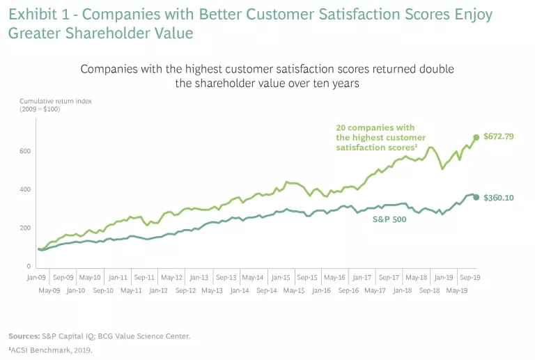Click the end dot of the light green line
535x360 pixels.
[476, 137]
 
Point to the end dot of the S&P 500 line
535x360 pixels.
[476, 197]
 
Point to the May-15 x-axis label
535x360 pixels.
[294, 290]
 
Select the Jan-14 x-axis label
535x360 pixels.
[240, 290]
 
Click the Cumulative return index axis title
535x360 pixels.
[56, 102]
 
